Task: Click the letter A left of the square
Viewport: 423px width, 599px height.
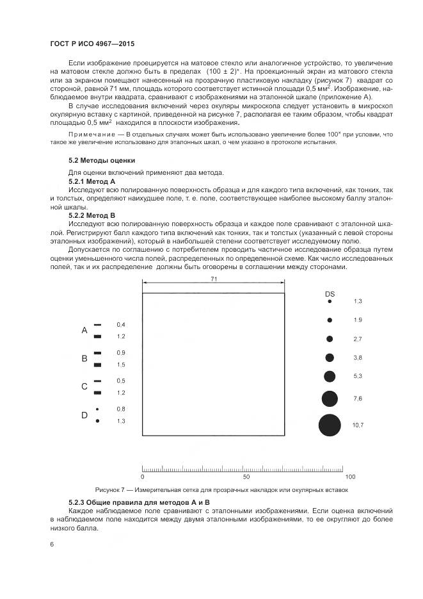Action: [84, 331]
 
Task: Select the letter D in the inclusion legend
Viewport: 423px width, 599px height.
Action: [84, 415]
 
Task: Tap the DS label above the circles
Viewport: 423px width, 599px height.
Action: [330, 275]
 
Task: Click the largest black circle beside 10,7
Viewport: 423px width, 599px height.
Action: [330, 425]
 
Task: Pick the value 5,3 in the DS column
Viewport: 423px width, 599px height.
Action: [357, 376]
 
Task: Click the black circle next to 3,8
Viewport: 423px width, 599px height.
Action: [330, 357]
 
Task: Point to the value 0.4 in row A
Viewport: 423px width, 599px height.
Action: [121, 325]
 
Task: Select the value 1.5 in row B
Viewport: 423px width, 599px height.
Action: [121, 365]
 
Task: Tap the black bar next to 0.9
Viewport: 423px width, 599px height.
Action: [98, 353]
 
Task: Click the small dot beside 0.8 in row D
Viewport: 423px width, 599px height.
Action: [97, 409]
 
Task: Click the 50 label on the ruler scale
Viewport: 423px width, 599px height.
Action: [246, 477]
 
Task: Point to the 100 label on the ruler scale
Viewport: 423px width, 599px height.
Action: [349, 477]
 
